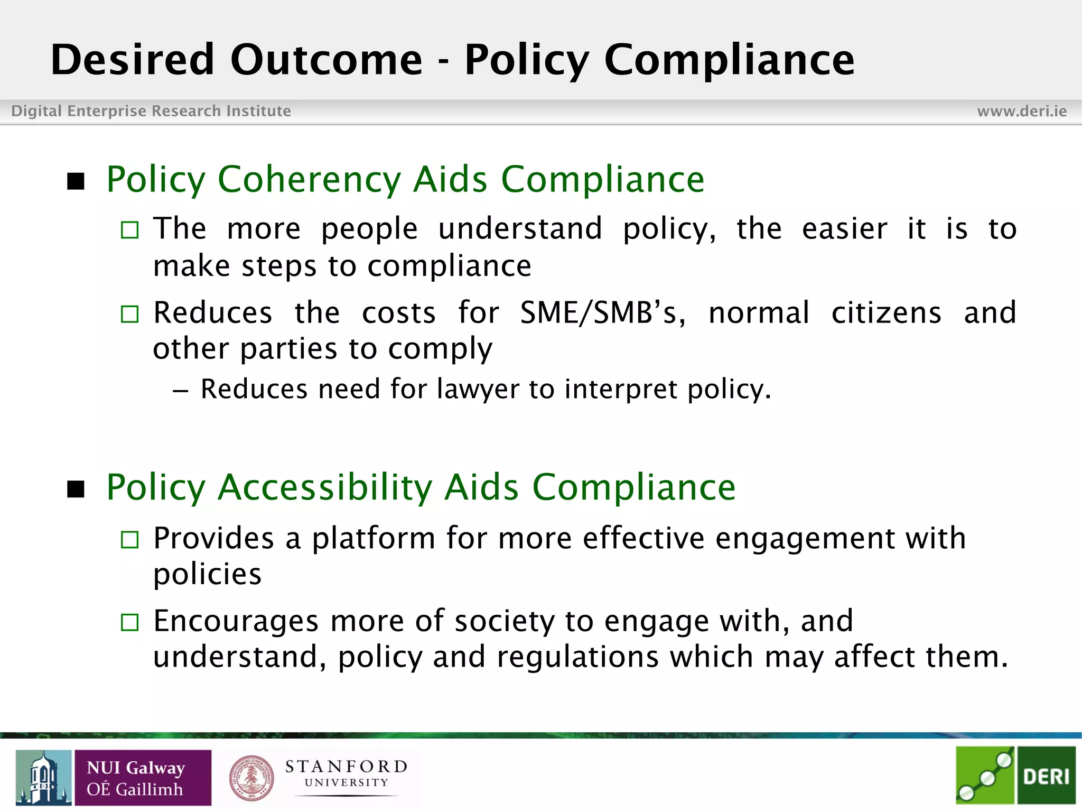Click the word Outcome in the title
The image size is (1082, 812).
click(326, 60)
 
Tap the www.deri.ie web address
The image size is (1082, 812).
click(1022, 111)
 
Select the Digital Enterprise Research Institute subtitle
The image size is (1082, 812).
click(151, 111)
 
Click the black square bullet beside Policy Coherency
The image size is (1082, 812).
click(76, 181)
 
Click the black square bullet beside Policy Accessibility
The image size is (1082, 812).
click(76, 489)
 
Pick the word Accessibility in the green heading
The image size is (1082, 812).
click(325, 487)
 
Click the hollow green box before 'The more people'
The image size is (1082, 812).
click(129, 230)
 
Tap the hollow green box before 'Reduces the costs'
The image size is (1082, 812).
click(129, 314)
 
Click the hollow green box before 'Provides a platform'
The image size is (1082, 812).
click(129, 540)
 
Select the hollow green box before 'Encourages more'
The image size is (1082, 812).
click(129, 622)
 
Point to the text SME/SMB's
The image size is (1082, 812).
click(602, 312)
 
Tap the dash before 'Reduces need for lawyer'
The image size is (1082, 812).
click(180, 391)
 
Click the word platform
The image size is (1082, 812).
click(373, 539)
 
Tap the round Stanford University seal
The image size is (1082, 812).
click(252, 778)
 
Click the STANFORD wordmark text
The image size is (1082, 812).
click(346, 767)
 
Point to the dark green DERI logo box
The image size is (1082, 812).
click(1046, 776)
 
